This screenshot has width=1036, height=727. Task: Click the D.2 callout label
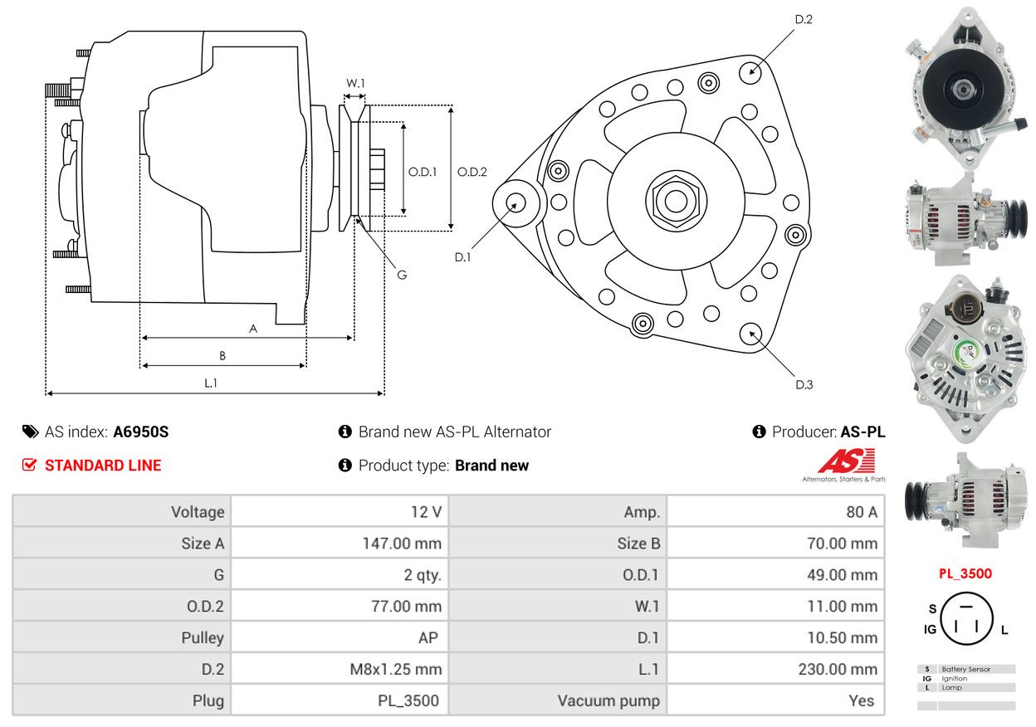(x=803, y=19)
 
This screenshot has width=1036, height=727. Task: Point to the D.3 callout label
(x=804, y=384)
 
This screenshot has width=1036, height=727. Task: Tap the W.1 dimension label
(x=355, y=83)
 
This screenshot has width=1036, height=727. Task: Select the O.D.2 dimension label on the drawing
(x=472, y=172)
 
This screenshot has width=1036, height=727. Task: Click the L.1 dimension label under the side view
(x=211, y=383)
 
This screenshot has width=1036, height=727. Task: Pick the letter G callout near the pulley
(x=402, y=275)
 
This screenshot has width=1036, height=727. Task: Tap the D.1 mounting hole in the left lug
(x=517, y=202)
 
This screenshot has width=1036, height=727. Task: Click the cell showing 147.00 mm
(x=406, y=544)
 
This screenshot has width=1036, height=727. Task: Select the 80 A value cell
(x=861, y=512)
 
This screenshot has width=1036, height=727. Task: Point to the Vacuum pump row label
(x=608, y=700)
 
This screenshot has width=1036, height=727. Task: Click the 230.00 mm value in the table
(x=841, y=669)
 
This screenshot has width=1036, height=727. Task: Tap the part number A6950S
(x=141, y=432)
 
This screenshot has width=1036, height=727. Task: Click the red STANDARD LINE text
(x=103, y=466)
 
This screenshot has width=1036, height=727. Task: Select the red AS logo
(x=845, y=461)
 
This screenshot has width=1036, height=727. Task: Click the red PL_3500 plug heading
(x=965, y=573)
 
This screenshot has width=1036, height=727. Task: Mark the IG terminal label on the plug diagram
(x=930, y=629)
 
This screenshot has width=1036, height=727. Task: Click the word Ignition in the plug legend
(x=955, y=678)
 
